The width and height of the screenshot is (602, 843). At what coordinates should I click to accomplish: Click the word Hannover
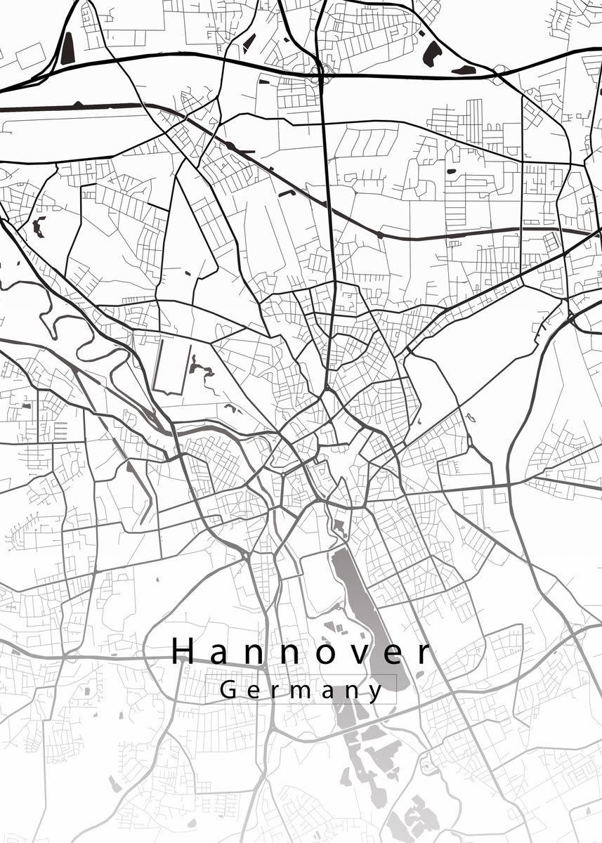[x=300, y=652]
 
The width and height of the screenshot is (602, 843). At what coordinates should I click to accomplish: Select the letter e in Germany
[x=251, y=691]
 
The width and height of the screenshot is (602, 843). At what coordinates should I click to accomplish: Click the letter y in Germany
[x=377, y=693]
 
